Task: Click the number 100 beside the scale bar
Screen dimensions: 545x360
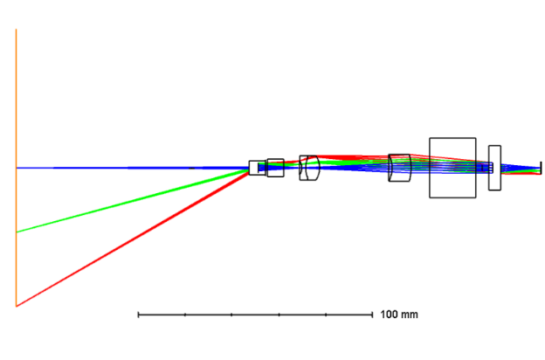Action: (389, 315)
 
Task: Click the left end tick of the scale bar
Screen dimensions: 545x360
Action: (138, 315)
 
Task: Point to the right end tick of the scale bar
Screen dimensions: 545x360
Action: (372, 315)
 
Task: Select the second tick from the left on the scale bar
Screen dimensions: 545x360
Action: (185, 315)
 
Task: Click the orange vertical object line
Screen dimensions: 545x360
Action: (17, 168)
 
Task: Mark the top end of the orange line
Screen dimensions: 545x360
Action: (17, 29)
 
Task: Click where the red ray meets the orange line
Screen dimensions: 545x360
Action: (17, 306)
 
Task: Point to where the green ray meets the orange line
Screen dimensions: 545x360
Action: (17, 232)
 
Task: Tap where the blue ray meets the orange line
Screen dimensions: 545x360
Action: (17, 168)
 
